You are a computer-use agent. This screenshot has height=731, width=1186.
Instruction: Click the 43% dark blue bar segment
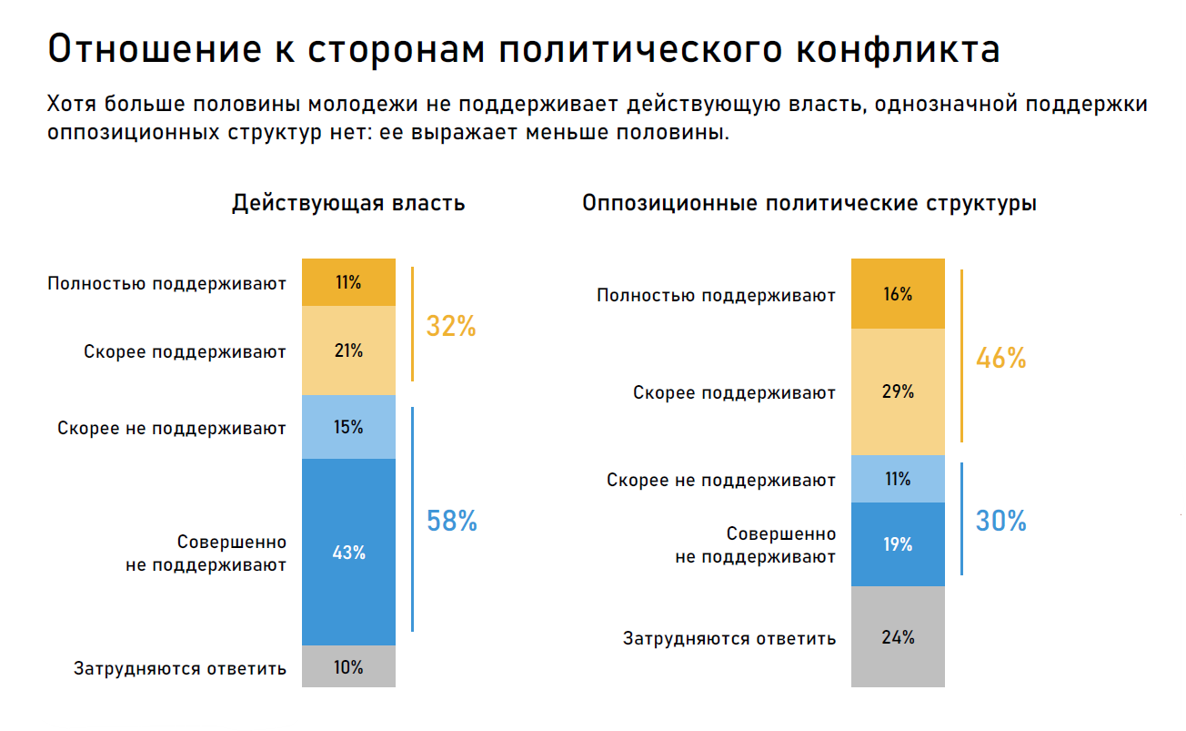(x=348, y=552)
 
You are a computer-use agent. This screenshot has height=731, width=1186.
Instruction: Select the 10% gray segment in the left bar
(x=348, y=666)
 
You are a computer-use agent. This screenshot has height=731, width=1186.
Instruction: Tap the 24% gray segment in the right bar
(x=898, y=636)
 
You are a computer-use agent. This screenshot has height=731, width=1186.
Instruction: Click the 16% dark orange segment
(x=898, y=294)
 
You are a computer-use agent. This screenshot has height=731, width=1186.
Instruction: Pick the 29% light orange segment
(x=898, y=391)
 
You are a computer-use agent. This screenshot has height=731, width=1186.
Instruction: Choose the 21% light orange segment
(x=348, y=350)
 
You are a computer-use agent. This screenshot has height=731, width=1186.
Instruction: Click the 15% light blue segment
(x=348, y=427)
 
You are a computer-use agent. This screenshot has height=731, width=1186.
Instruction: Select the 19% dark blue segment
(x=898, y=544)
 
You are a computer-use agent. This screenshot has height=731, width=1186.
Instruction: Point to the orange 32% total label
(x=451, y=326)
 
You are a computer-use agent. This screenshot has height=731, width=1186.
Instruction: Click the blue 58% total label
(x=452, y=521)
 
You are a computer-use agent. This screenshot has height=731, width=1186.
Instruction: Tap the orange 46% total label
(x=1000, y=358)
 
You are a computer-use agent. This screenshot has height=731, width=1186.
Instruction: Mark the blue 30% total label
(x=1000, y=521)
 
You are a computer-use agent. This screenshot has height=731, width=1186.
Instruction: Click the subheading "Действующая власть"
(x=348, y=203)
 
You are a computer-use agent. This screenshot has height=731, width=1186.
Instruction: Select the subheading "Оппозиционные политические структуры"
(x=809, y=203)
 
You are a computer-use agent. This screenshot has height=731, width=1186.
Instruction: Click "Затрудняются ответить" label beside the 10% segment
(x=180, y=668)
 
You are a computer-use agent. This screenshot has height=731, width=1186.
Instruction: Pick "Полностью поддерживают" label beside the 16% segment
(x=716, y=296)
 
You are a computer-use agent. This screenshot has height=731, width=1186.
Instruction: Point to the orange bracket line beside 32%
(x=412, y=324)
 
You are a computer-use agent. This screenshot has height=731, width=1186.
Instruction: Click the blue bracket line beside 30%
(x=961, y=519)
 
